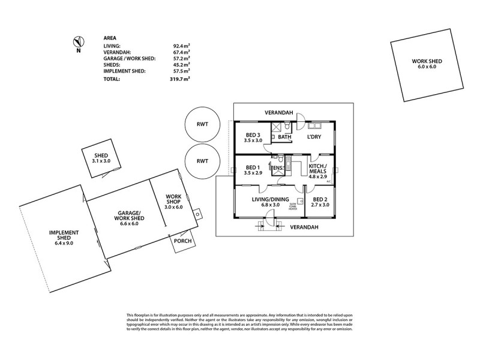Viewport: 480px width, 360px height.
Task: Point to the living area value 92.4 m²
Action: [x=181, y=45]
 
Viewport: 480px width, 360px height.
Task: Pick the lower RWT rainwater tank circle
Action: [x=202, y=161]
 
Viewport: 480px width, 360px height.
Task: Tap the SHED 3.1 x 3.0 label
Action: [x=101, y=158]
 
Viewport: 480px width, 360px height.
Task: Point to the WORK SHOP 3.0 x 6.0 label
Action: [x=173, y=201]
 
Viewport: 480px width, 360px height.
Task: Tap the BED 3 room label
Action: [x=253, y=137]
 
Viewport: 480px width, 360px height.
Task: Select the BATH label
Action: [x=284, y=137]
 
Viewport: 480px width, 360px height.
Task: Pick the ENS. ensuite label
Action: [x=278, y=169]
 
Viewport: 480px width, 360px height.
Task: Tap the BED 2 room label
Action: [x=320, y=202]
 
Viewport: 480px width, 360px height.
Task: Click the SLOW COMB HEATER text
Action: [x=293, y=206]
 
